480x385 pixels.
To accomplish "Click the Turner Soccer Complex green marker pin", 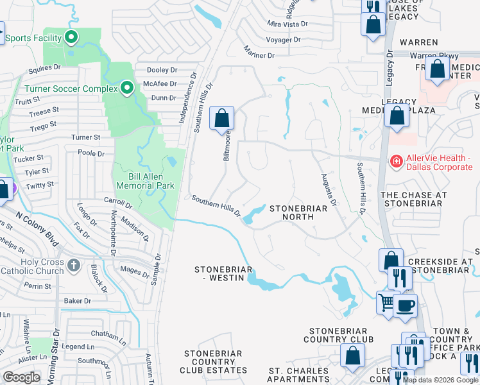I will click(127, 88).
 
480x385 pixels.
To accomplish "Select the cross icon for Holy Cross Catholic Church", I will click(74, 264).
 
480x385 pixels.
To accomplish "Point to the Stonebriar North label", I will click(292, 212).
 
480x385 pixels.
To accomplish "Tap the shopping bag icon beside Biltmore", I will click(221, 118).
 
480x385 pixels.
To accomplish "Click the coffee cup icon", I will click(405, 305).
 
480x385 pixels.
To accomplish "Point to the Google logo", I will click(21, 377).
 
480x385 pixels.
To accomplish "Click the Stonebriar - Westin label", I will click(220, 273).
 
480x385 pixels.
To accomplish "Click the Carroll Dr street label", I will click(117, 204).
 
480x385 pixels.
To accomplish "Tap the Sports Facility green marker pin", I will click(71, 37).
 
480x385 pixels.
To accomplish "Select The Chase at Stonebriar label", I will click(411, 198).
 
